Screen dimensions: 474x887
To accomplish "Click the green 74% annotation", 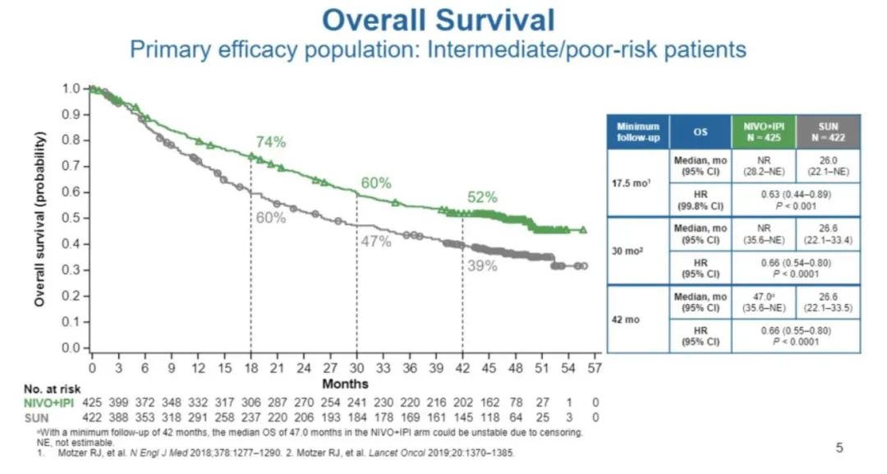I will pyautogui.click(x=270, y=141).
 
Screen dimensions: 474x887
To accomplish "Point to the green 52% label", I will pyautogui.click(x=483, y=197).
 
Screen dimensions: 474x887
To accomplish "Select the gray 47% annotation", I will pyautogui.click(x=377, y=242).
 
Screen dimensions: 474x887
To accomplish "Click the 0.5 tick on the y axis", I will pyautogui.click(x=73, y=218).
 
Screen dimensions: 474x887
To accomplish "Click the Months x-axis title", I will pyautogui.click(x=346, y=384).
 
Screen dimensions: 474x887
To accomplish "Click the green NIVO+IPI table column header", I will pyautogui.click(x=763, y=131).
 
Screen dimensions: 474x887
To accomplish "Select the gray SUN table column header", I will pyautogui.click(x=828, y=131).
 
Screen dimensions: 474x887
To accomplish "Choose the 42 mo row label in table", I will pyautogui.click(x=626, y=319).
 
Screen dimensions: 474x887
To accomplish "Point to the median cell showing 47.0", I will pyautogui.click(x=763, y=301).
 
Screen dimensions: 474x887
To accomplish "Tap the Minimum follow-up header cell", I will pyautogui.click(x=639, y=131).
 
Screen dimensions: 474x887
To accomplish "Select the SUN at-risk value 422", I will pyautogui.click(x=94, y=416).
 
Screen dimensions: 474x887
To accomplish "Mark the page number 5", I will pyautogui.click(x=839, y=448).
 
